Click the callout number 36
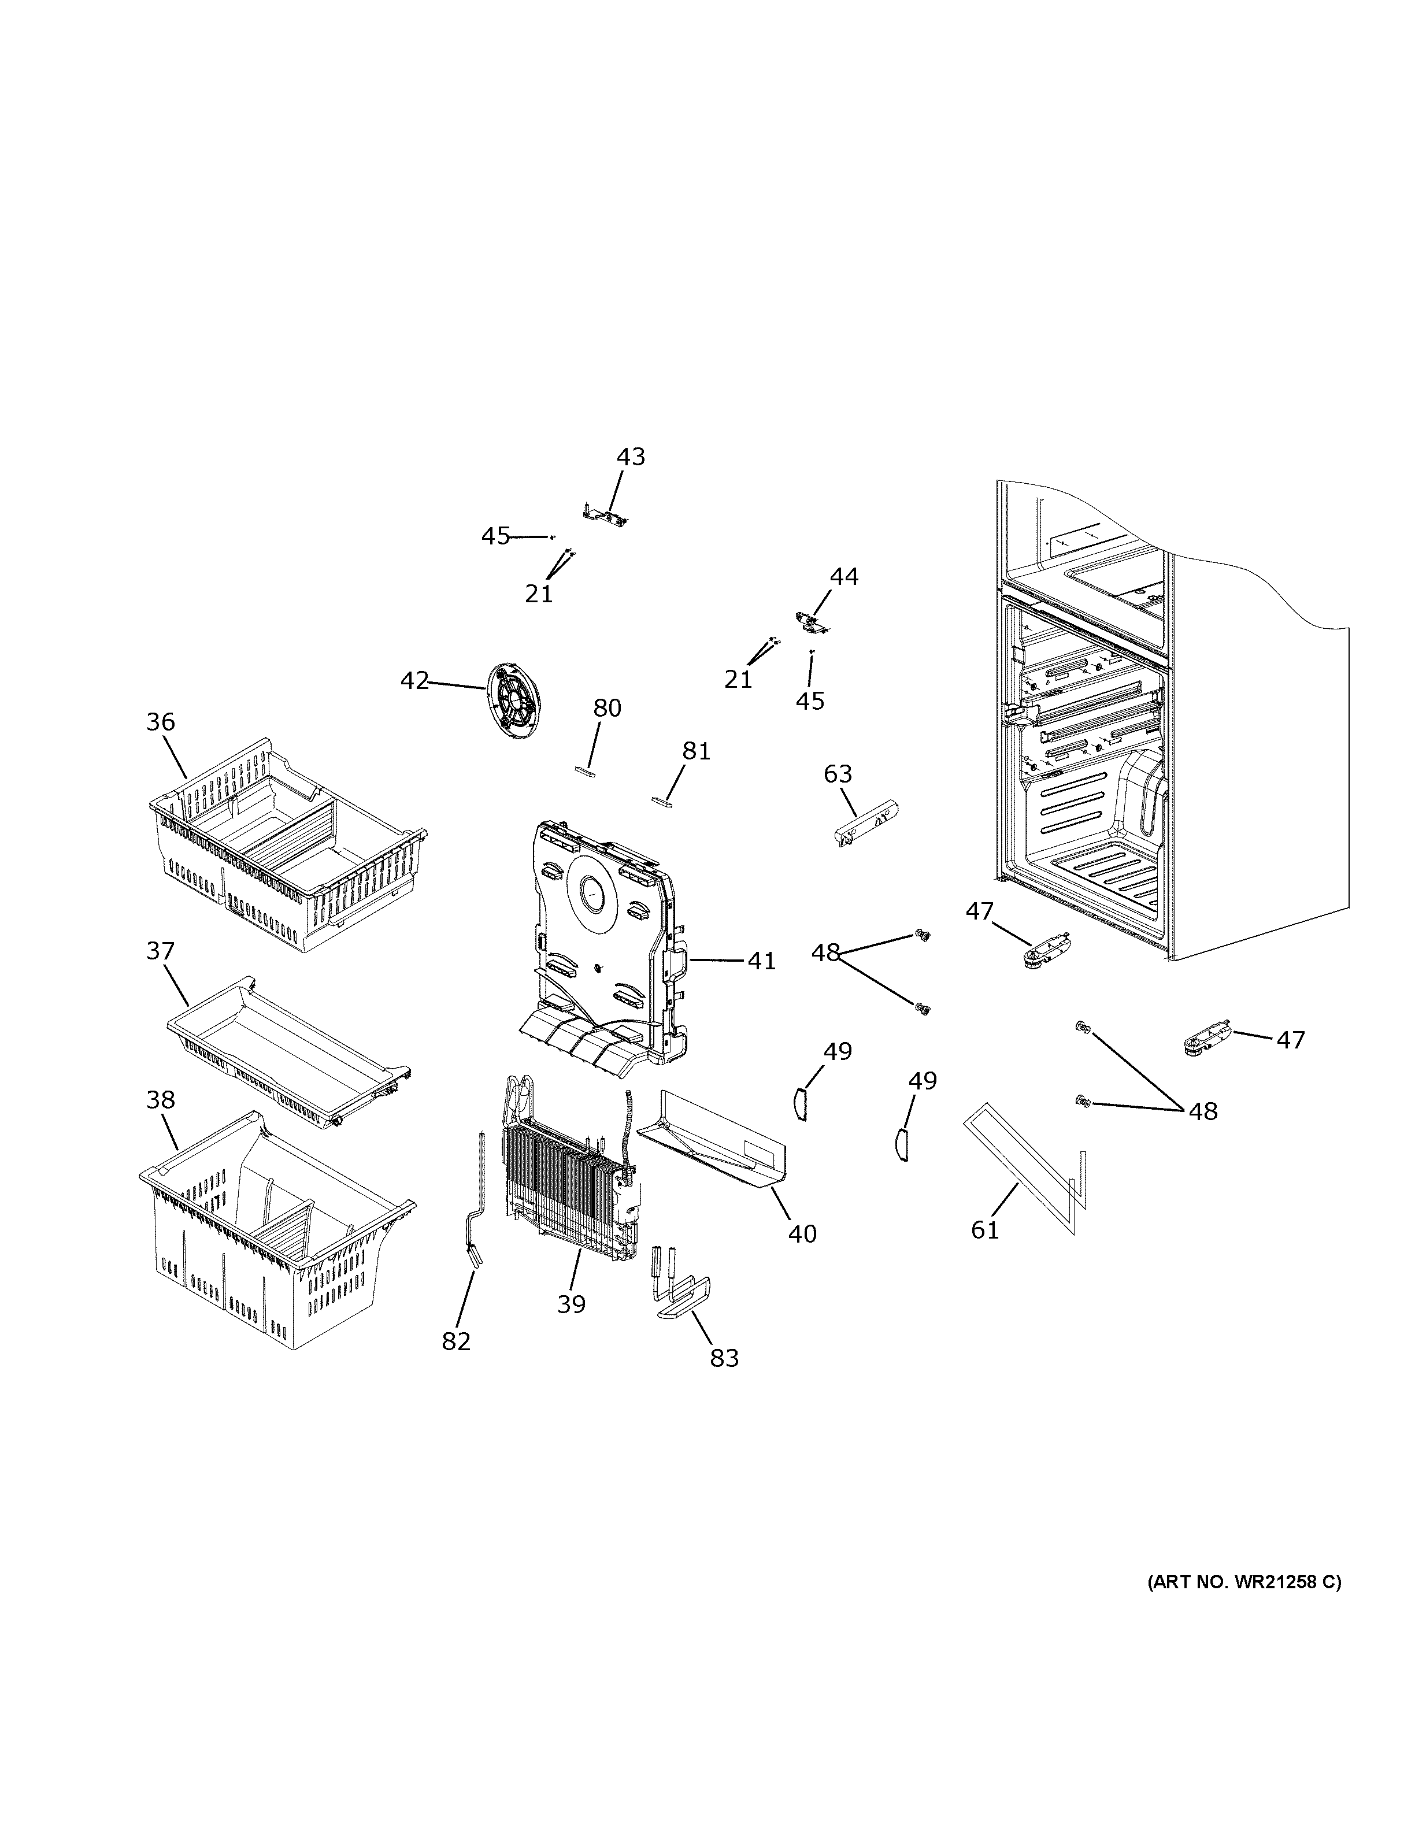point(160,722)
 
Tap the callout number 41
point(761,961)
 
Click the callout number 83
point(724,1357)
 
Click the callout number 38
point(160,1099)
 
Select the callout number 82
point(456,1341)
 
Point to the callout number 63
point(838,774)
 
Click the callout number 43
point(631,457)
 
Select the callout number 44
point(843,577)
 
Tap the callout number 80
point(607,709)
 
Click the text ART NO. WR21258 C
point(1243,1583)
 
